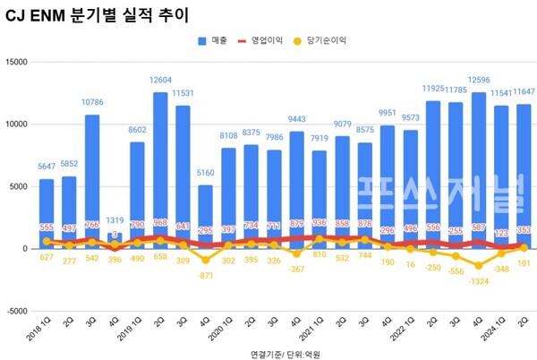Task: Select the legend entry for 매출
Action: click(x=212, y=40)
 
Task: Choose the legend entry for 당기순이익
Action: click(x=325, y=40)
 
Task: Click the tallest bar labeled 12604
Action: click(x=161, y=170)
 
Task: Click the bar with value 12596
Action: click(x=478, y=170)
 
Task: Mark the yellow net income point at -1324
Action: click(x=478, y=266)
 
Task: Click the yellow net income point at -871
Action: click(x=204, y=260)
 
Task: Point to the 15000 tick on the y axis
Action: click(x=18, y=62)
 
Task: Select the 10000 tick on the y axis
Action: click(x=18, y=124)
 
